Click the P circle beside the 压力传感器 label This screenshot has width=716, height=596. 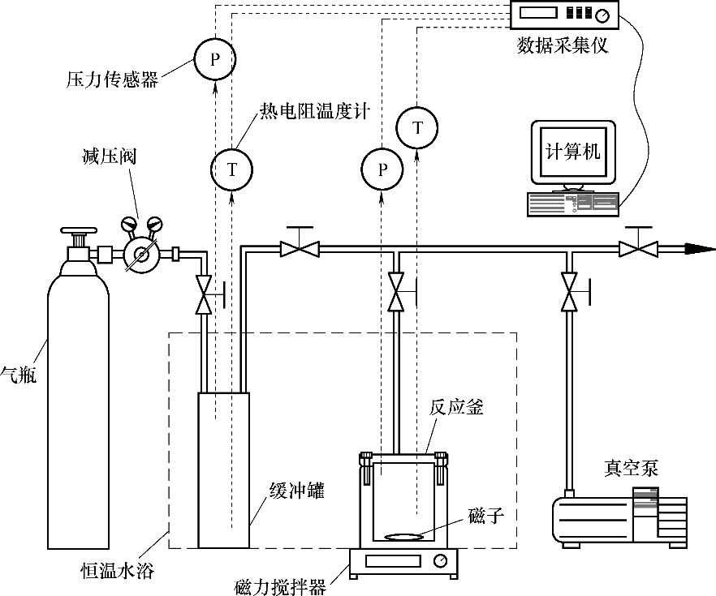214,59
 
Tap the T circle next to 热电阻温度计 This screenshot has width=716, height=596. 233,169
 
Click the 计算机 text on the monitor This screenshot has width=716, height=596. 573,152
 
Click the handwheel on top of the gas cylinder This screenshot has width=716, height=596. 79,231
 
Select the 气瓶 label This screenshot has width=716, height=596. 18,375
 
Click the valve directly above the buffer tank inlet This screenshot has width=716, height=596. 205,297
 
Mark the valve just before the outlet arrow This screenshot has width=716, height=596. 639,248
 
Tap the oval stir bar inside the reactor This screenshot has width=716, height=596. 403,537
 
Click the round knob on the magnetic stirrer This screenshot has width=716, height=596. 439,560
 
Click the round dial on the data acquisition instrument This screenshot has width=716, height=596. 602,16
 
